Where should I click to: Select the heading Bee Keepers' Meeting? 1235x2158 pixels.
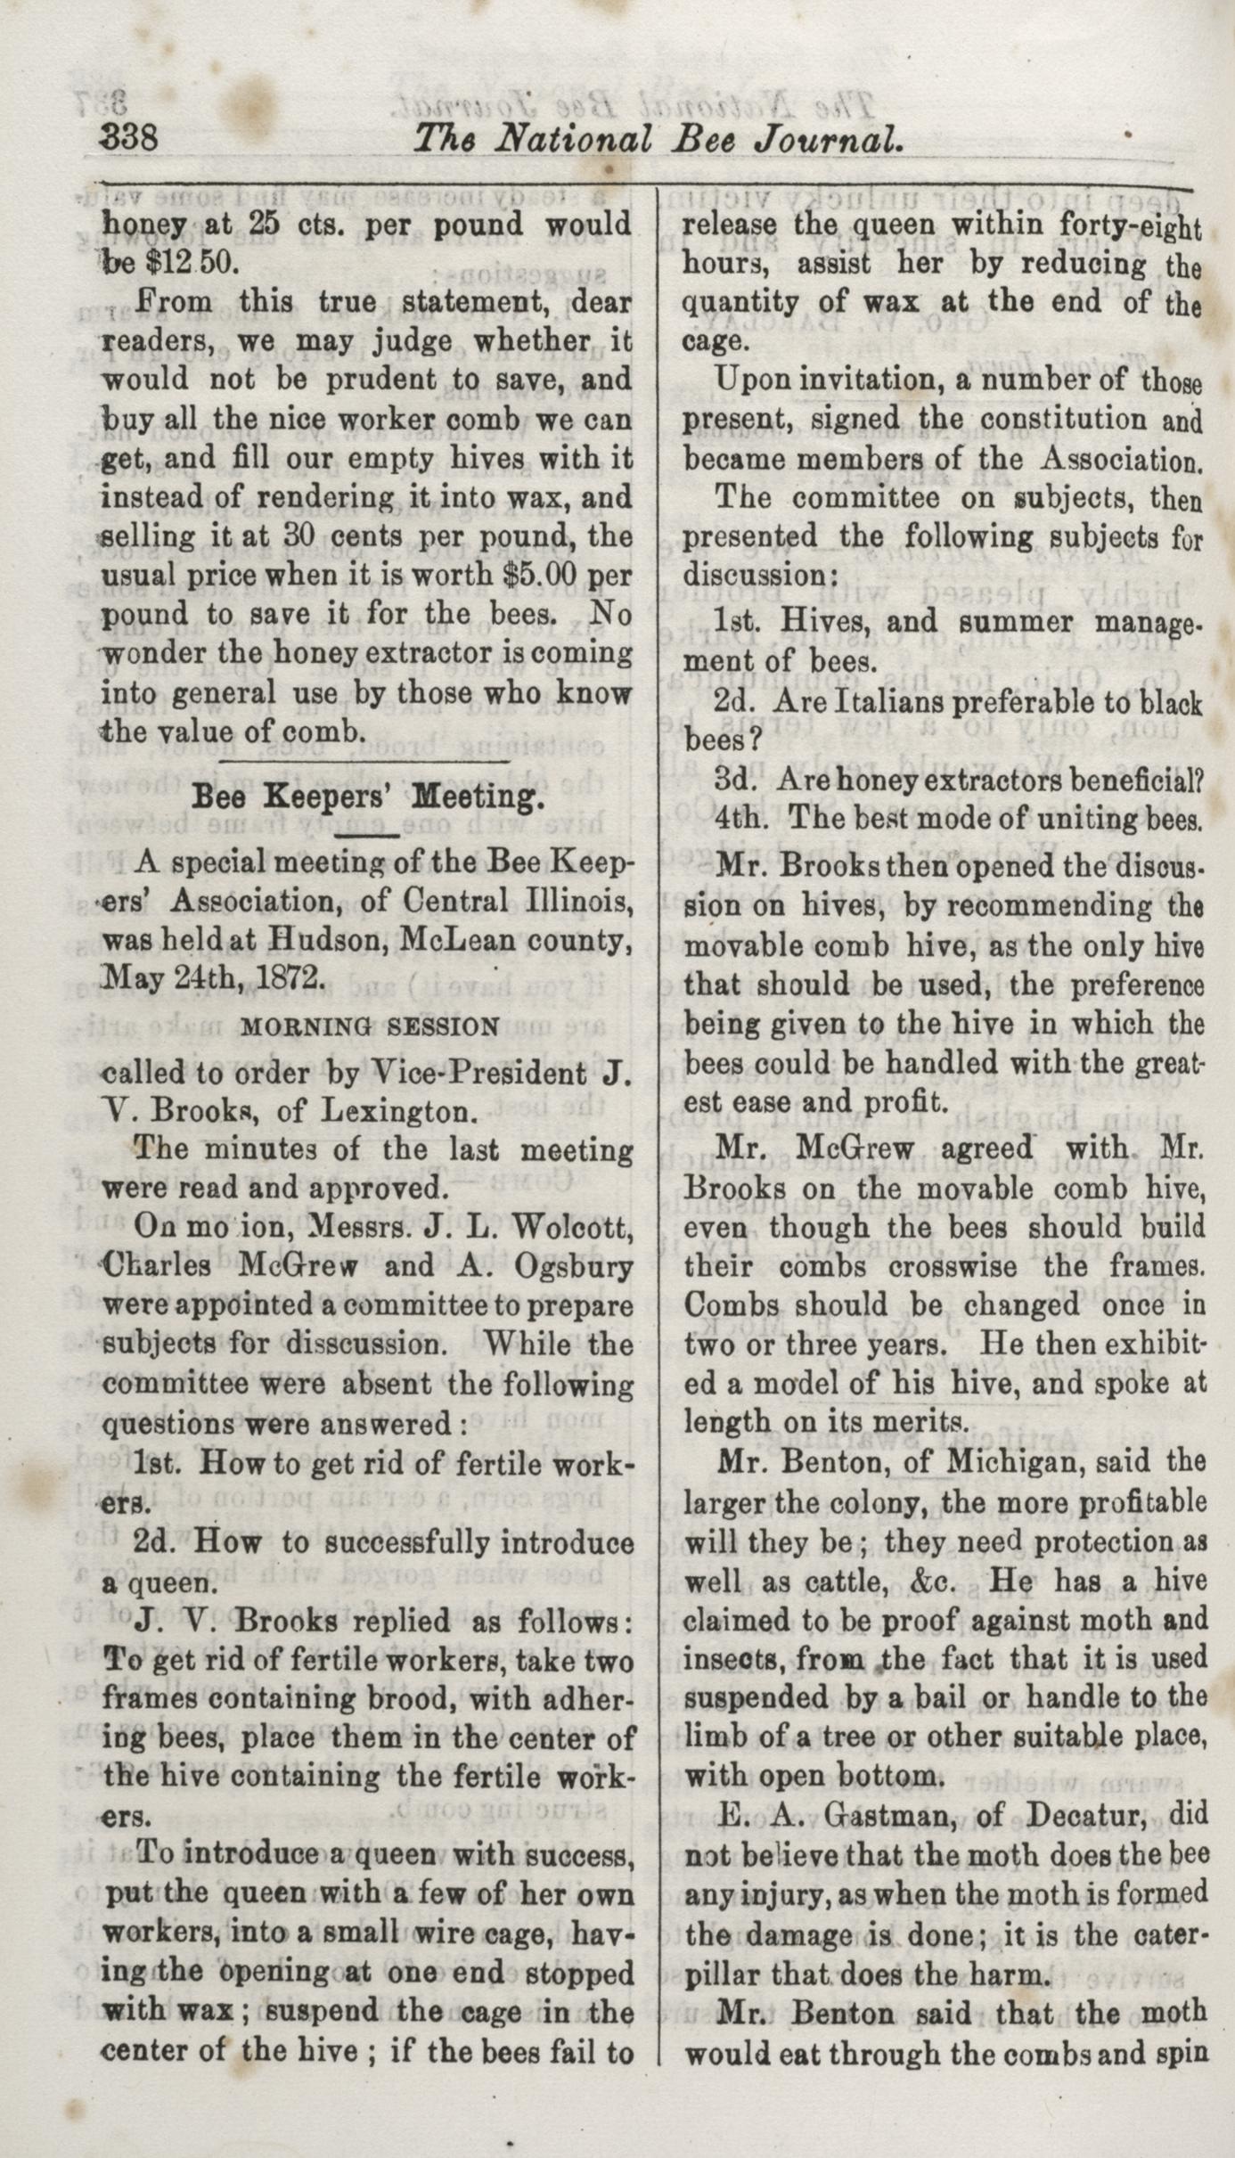[367, 797]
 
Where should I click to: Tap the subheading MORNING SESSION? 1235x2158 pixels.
[370, 1026]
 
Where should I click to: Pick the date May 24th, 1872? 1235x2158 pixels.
[212, 977]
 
